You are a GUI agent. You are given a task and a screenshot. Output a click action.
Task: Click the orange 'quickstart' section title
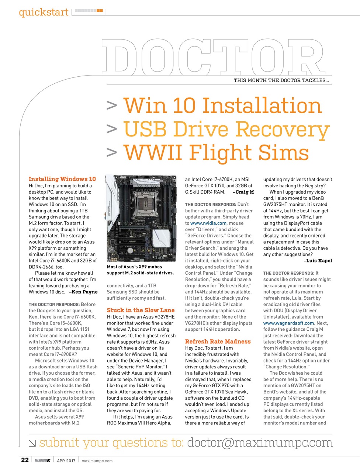[x=44, y=12]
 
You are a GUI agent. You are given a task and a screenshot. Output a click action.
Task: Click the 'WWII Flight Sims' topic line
[x=216, y=153]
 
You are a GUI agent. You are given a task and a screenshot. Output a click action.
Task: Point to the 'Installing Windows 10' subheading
[x=62, y=179]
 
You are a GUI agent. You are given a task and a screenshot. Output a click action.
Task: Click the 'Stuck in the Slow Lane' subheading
[x=141, y=310]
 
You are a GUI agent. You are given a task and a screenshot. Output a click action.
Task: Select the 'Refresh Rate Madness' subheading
[x=218, y=341]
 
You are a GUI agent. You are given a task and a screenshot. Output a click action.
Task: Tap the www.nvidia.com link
[x=208, y=223]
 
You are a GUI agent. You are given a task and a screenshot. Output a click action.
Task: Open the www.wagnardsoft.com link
[x=288, y=323]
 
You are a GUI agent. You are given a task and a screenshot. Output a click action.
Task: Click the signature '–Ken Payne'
[x=83, y=292]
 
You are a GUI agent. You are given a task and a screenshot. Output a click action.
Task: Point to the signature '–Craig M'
[x=243, y=192]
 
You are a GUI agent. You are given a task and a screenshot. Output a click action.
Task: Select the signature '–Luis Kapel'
[x=318, y=261]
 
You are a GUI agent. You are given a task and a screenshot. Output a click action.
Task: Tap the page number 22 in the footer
[x=25, y=460]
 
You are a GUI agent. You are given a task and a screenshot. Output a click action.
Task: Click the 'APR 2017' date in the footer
[x=66, y=461]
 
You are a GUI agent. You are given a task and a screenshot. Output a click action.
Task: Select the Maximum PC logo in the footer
[x=42, y=461]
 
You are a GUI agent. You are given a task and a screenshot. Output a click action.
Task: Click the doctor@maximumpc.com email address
[x=260, y=443]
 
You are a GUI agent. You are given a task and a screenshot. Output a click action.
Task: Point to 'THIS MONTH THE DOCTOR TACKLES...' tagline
[x=281, y=80]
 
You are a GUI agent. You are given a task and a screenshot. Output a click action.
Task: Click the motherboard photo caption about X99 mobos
[x=141, y=270]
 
